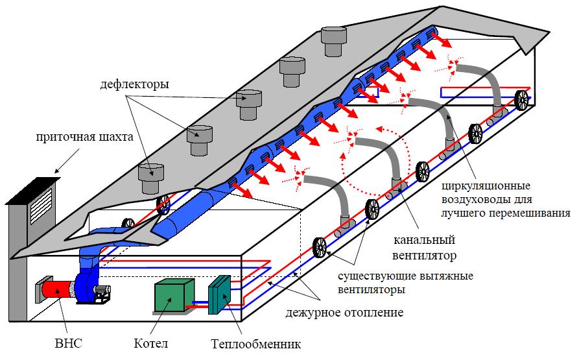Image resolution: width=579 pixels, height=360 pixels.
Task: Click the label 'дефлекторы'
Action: click(136, 84)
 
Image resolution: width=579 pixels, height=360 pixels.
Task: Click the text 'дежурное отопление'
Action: click(344, 313)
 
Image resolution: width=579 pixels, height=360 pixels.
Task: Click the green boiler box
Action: click(174, 297)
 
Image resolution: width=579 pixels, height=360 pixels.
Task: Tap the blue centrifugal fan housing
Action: click(87, 286)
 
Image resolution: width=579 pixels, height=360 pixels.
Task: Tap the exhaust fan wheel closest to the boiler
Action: click(320, 248)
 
